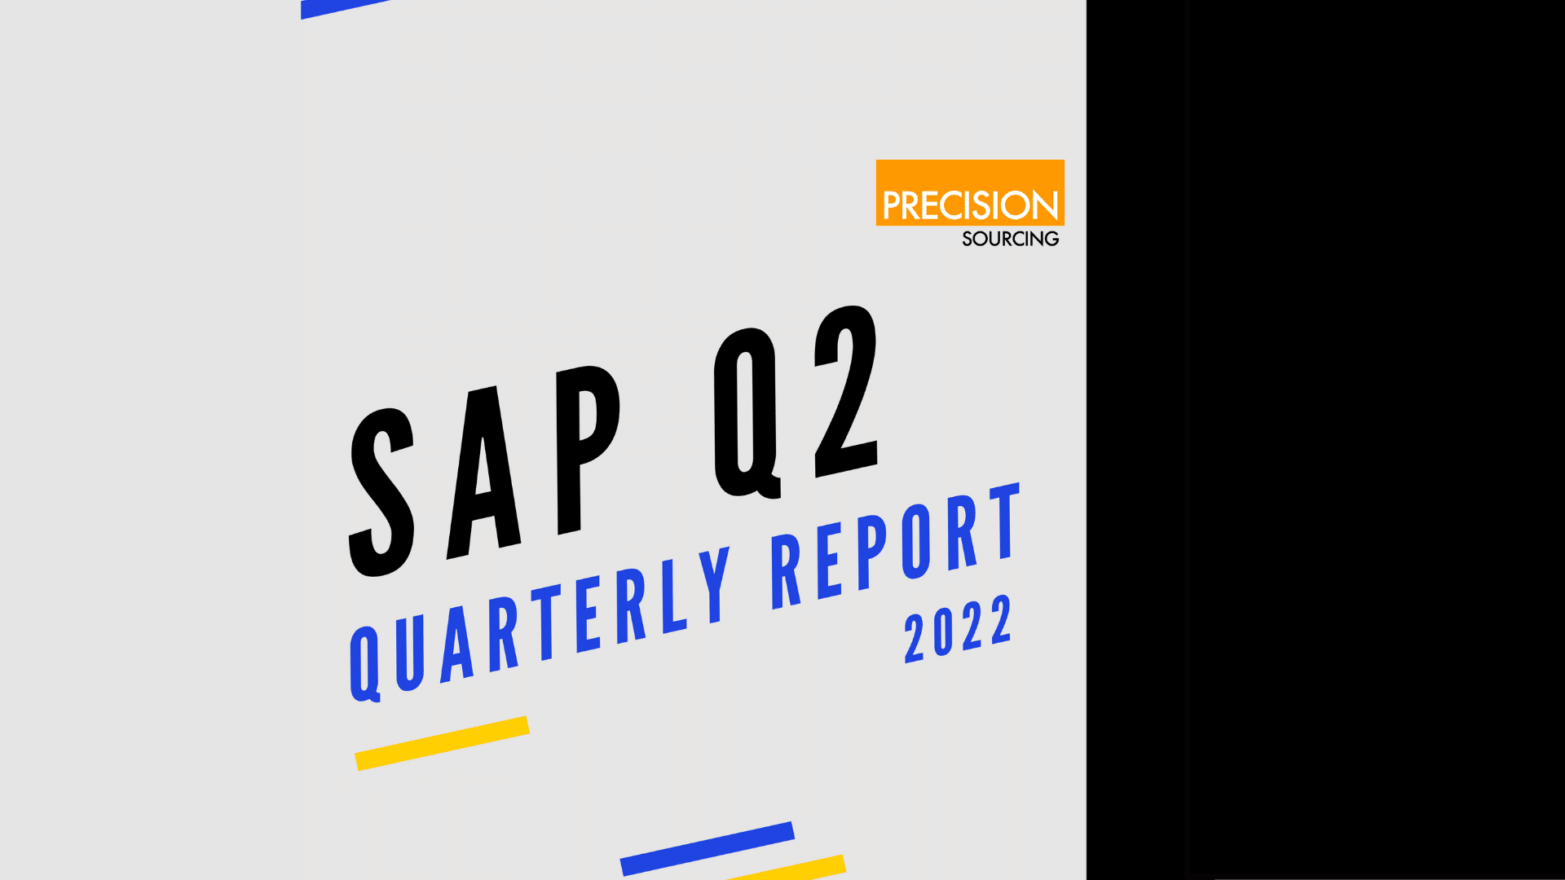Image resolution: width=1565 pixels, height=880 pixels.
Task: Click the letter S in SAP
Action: [381, 492]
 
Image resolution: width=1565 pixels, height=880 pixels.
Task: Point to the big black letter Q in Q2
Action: [747, 412]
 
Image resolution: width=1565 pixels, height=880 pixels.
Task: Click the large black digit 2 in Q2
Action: [846, 391]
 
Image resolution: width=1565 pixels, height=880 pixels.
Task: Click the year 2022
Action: [959, 628]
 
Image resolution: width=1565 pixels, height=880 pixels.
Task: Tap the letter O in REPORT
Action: [915, 542]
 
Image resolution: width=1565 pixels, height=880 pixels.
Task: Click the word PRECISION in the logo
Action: [970, 205]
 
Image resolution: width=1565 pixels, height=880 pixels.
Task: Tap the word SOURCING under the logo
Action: [1011, 239]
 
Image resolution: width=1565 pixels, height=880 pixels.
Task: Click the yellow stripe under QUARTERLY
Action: [442, 743]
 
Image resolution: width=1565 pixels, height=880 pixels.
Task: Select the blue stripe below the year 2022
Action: [708, 848]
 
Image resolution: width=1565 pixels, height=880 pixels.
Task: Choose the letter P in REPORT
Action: [872, 553]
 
